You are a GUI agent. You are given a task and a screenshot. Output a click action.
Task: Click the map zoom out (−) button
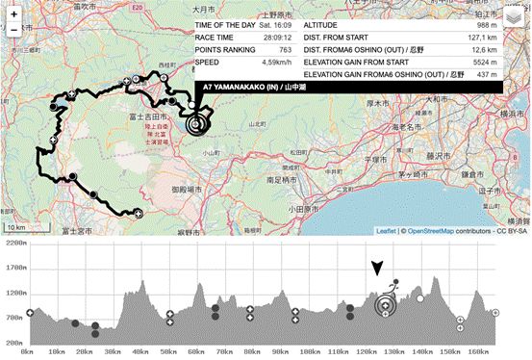[14, 29]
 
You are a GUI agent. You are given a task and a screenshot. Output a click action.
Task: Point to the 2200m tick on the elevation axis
[13, 244]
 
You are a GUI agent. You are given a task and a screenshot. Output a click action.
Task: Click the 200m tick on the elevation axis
[15, 342]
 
